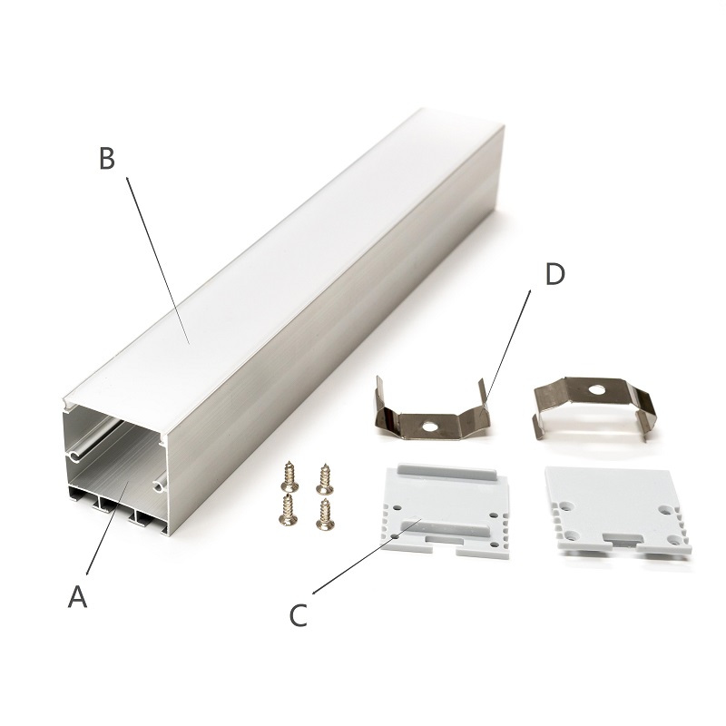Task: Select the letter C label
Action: [x=299, y=615]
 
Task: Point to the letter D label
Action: [x=554, y=274]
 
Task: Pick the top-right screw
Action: [x=325, y=479]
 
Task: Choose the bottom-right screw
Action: [x=325, y=514]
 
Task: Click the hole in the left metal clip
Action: [x=430, y=426]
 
